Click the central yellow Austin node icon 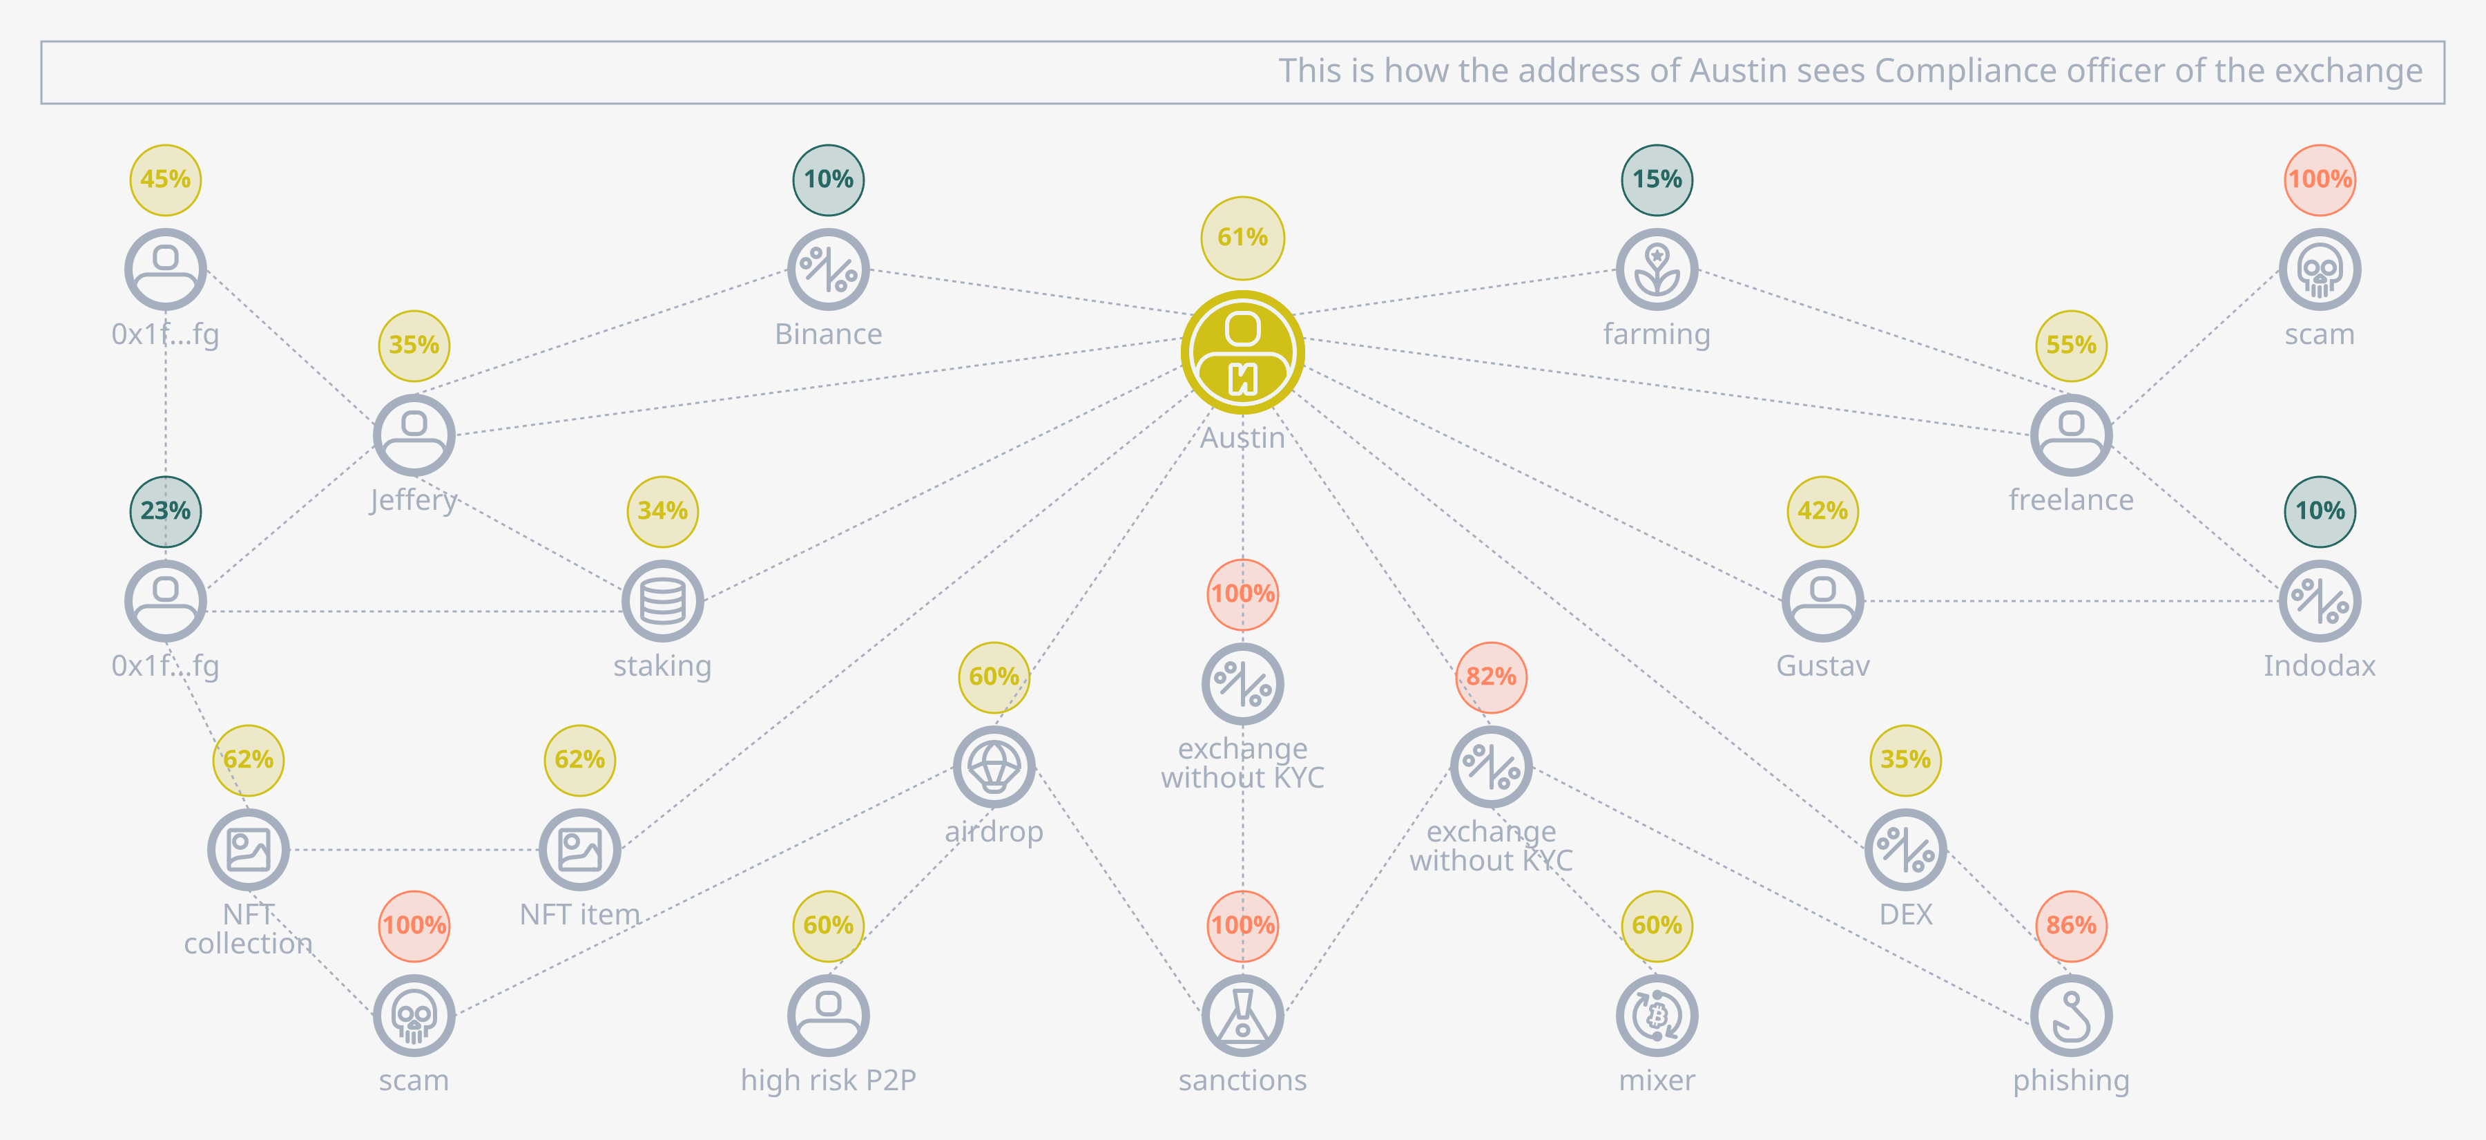coord(1242,352)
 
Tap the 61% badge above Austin coord(1242,238)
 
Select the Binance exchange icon coord(828,269)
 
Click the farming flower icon coord(1657,269)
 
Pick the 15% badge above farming coord(1657,180)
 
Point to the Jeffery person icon coord(414,435)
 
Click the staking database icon coord(663,601)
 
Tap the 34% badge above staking coord(663,511)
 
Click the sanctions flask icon coord(1243,1016)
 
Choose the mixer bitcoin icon coord(1657,1016)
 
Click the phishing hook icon coord(2071,1016)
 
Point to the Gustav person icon coord(1823,601)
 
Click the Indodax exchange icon coord(2320,601)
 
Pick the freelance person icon coord(2071,435)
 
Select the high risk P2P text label coord(828,1080)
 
